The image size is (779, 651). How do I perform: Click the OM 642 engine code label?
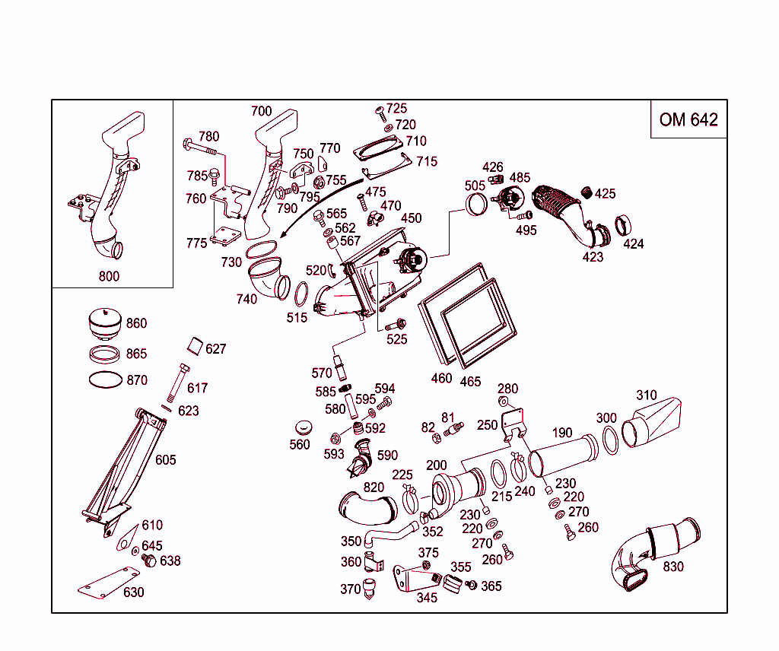(688, 119)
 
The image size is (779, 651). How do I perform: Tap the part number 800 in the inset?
(109, 276)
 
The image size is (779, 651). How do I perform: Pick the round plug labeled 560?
(304, 427)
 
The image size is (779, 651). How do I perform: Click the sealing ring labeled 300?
(609, 440)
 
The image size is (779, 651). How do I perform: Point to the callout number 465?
(471, 381)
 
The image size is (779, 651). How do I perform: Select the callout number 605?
(165, 459)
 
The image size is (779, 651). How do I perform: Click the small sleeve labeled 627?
(196, 346)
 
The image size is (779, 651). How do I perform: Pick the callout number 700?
(261, 112)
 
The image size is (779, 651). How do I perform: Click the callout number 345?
(427, 598)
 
